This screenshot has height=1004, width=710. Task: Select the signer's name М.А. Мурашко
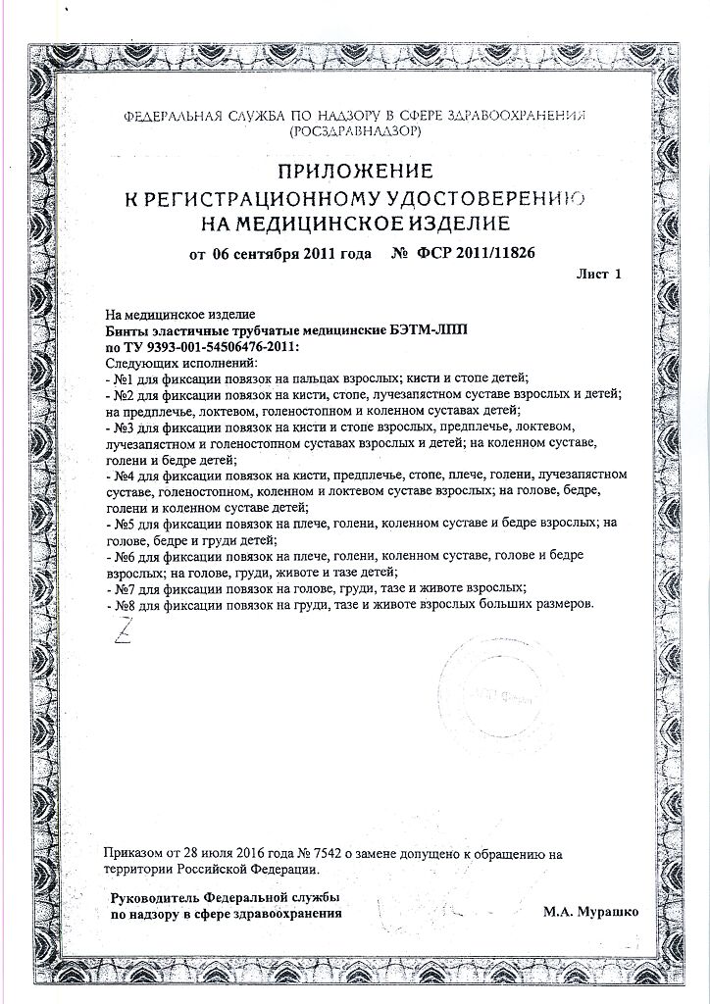tap(590, 911)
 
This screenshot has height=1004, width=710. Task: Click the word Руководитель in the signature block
tap(147, 897)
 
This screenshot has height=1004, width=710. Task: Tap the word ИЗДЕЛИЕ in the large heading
tap(458, 223)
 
